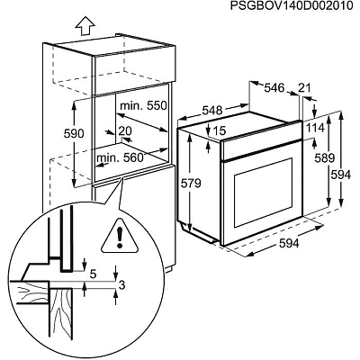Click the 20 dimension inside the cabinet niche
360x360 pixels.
click(124, 130)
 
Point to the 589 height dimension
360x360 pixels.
click(323, 158)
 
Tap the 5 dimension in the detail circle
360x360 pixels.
click(93, 271)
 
